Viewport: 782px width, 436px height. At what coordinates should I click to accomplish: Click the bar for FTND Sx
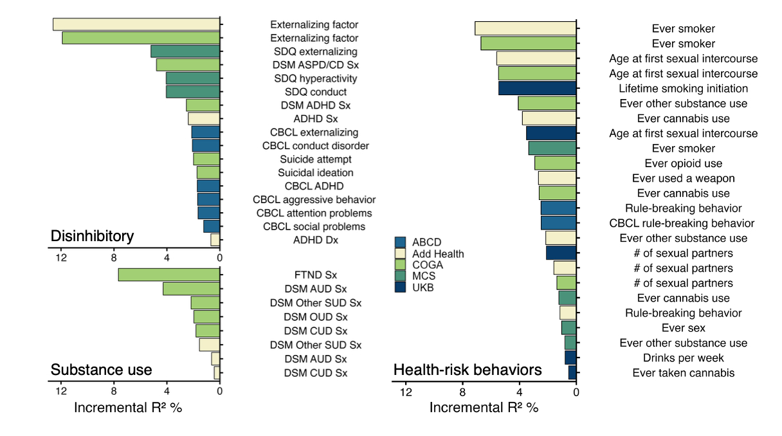[169, 275]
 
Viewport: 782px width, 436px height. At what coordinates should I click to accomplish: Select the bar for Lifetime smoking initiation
[537, 88]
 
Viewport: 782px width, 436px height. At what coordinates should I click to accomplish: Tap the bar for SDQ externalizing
[185, 51]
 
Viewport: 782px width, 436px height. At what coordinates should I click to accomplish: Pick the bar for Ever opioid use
[555, 163]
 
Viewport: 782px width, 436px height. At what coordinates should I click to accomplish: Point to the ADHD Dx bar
[215, 240]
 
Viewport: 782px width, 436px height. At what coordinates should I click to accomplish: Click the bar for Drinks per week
[570, 358]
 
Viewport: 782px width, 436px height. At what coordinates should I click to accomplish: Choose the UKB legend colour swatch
[400, 287]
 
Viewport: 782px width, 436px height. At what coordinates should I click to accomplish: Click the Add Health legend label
[438, 253]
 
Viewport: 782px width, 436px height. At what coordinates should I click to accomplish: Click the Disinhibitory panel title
[92, 237]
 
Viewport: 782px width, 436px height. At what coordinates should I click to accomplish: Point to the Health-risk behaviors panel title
[468, 370]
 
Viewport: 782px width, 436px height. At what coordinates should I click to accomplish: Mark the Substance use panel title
[101, 370]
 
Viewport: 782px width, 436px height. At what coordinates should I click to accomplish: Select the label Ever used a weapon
[683, 178]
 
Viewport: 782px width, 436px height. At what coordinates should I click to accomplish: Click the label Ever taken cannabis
[683, 373]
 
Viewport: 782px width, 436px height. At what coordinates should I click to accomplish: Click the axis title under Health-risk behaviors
[484, 408]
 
